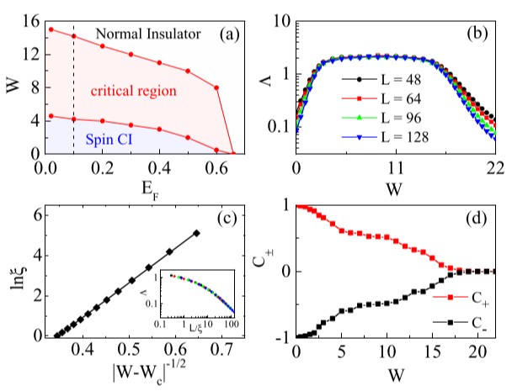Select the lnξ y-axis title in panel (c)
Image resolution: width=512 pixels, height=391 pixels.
(x=13, y=269)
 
